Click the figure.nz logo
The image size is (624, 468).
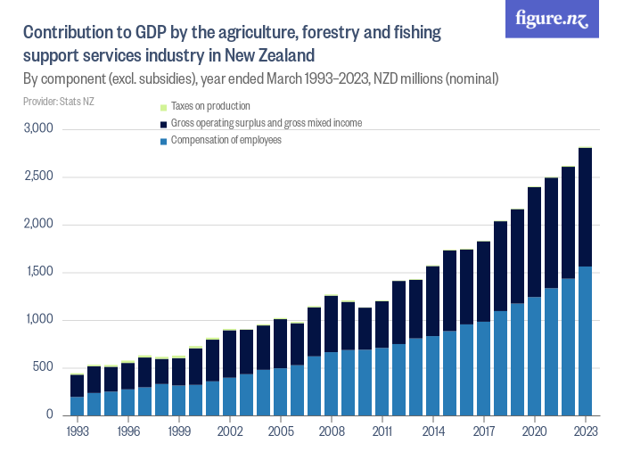(552, 20)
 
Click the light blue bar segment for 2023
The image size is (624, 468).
(585, 341)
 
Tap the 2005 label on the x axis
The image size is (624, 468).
(281, 430)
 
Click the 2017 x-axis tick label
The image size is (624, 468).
(484, 430)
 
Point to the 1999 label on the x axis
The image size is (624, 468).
(179, 430)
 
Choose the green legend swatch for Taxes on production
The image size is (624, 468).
(162, 106)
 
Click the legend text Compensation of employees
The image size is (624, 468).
(226, 140)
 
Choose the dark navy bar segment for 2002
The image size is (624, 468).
(230, 354)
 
